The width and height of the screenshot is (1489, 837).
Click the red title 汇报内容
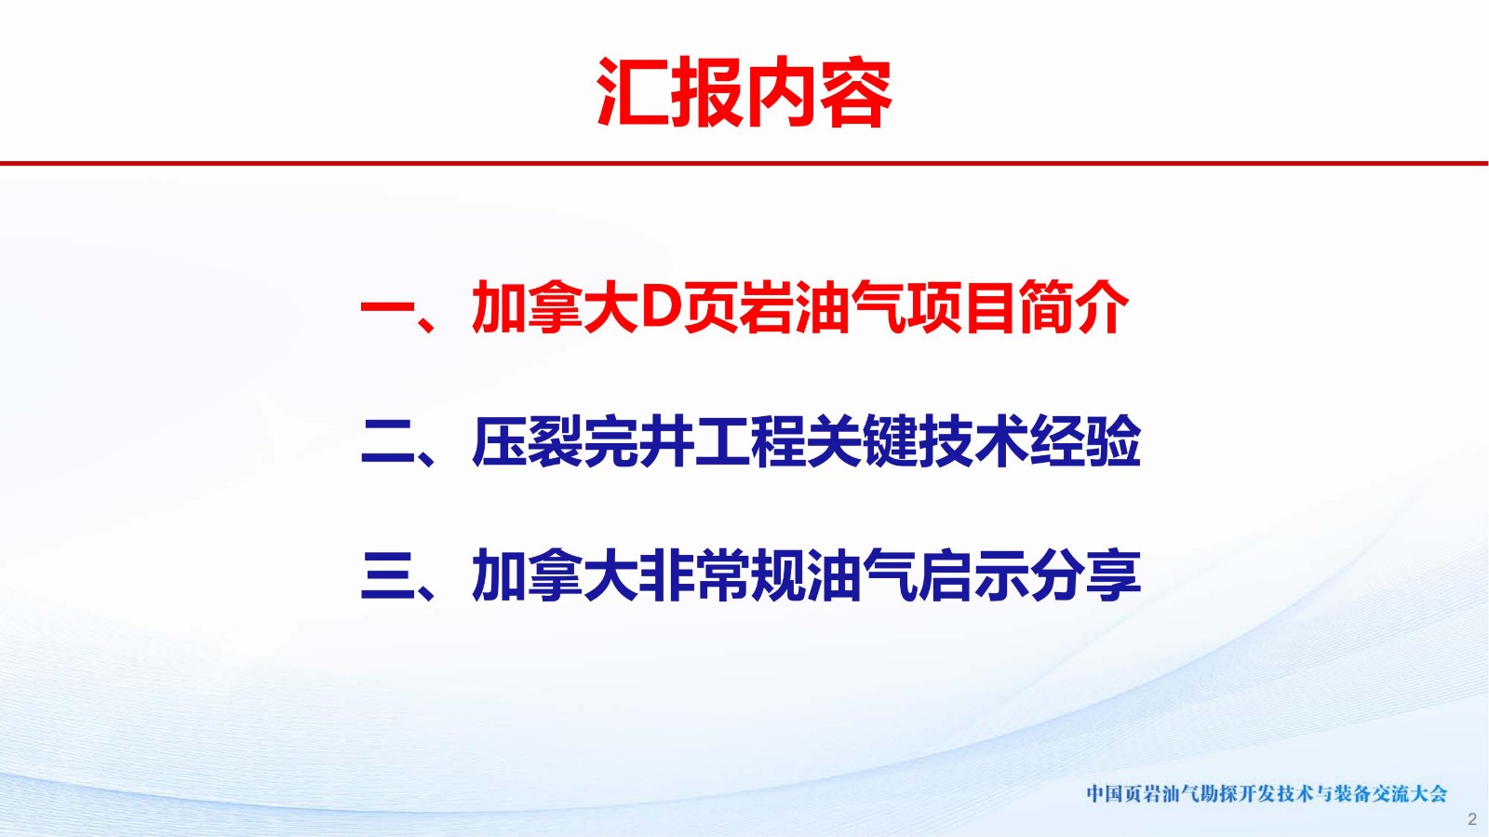(x=744, y=92)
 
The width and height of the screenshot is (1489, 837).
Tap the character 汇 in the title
(x=632, y=92)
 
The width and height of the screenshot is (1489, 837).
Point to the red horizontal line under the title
(x=744, y=163)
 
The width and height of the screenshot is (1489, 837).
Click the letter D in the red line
(x=660, y=306)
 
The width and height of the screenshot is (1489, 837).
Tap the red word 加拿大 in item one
(x=555, y=306)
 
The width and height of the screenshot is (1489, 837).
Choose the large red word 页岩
(x=738, y=306)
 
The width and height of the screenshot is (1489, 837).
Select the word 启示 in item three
(x=974, y=575)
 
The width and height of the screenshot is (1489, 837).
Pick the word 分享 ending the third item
(x=1086, y=575)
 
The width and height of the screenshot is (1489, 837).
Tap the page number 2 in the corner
(x=1471, y=819)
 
